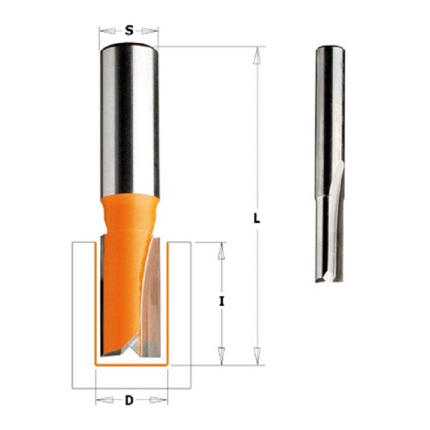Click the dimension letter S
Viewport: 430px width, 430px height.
point(129,31)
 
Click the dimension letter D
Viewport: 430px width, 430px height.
point(129,400)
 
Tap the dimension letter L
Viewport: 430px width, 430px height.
point(256,218)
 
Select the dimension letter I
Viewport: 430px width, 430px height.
point(221,302)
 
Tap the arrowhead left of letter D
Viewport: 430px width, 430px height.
point(104,400)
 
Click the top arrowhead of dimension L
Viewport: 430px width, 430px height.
point(257,56)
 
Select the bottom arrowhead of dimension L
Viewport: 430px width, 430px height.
point(257,356)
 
